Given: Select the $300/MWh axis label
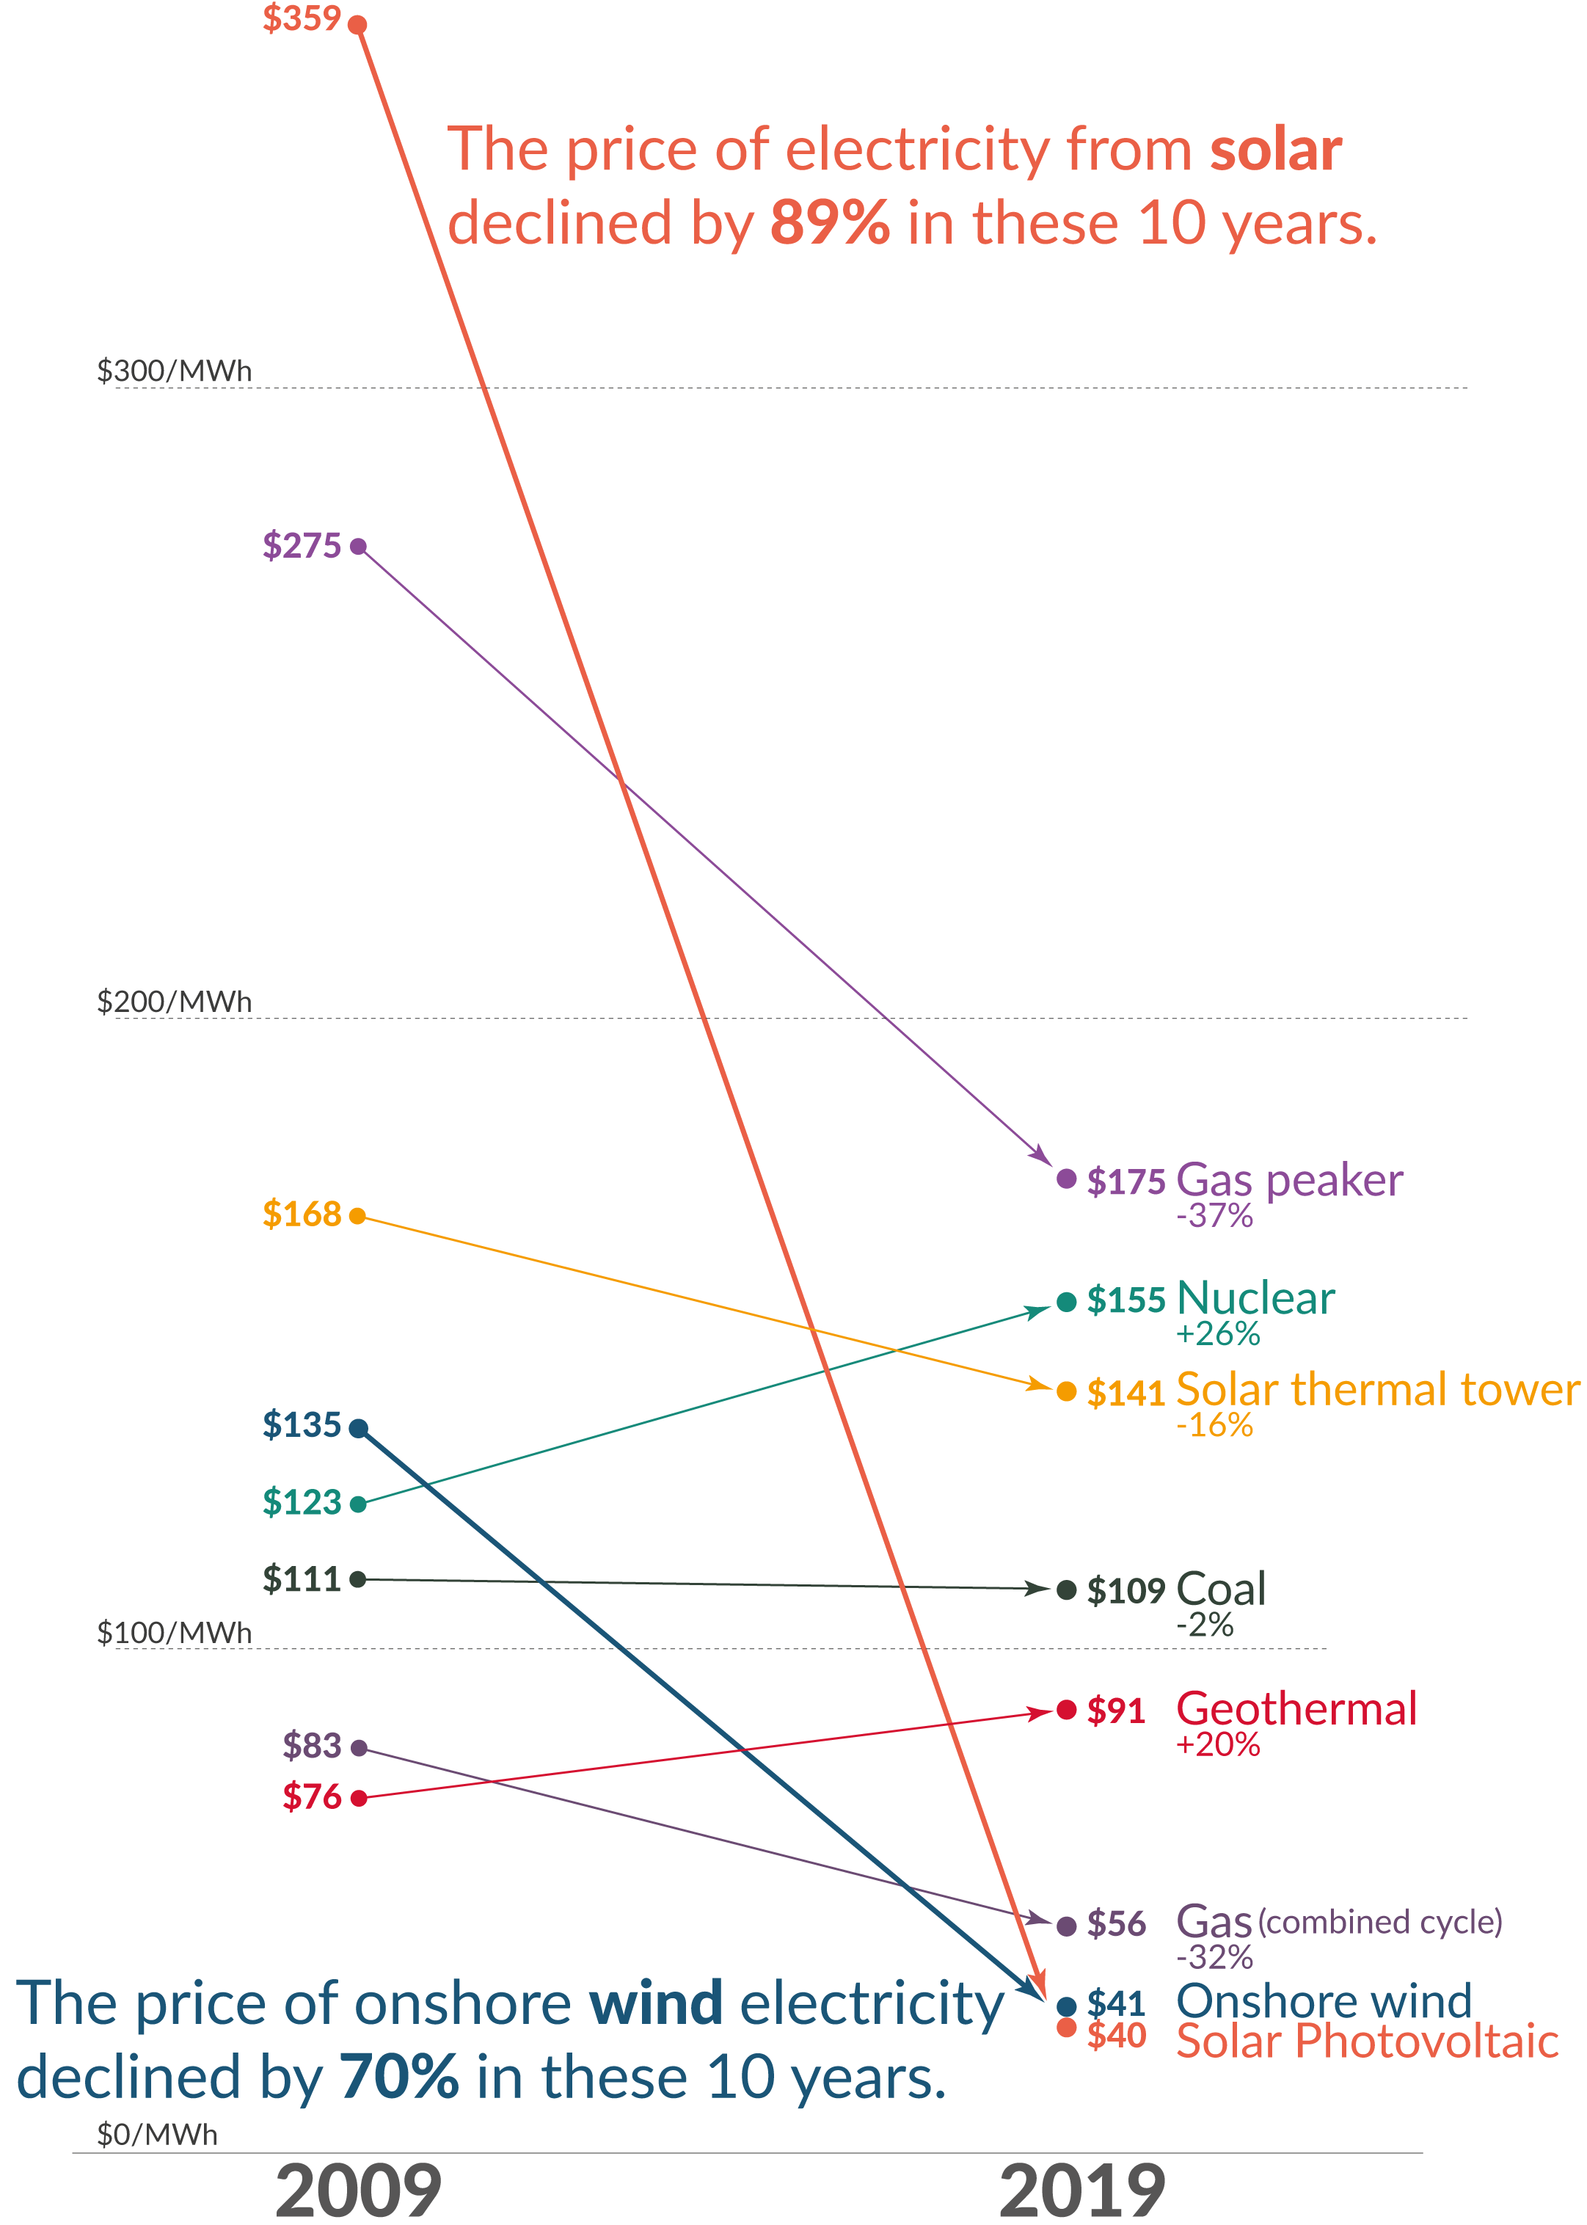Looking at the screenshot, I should point(174,371).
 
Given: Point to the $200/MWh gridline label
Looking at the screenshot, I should point(174,1002).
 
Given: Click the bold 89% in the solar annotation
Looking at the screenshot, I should point(830,224).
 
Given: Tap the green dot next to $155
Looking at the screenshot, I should point(1066,1302).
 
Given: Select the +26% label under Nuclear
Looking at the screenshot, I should point(1218,1334).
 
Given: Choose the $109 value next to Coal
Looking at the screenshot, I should point(1126,1591).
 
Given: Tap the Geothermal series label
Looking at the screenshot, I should point(1296,1709).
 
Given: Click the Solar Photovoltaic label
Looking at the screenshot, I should point(1366,2042).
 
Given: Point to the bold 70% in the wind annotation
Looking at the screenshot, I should point(398,2077).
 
